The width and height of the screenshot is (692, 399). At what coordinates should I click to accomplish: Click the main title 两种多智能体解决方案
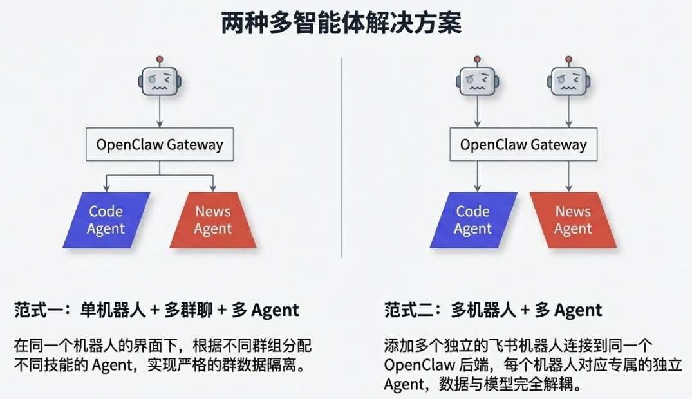point(341,24)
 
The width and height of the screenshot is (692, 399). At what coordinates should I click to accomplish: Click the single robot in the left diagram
point(160,82)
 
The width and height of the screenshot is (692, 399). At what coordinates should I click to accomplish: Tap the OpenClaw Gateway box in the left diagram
point(160,144)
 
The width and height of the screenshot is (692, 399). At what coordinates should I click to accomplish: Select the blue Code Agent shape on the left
point(106,220)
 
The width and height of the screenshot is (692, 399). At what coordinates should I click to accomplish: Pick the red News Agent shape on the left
point(213,220)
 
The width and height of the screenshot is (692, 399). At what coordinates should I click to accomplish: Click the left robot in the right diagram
point(476,82)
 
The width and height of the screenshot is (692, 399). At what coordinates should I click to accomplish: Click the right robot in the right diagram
point(568,82)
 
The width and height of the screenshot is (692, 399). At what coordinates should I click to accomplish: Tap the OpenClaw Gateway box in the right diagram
point(523,144)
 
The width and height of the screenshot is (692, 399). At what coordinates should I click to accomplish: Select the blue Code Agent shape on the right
point(473,220)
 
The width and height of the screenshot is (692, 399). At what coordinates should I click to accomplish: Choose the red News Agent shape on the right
point(573,220)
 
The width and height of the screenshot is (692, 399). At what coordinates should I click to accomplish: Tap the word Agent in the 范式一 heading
point(275,310)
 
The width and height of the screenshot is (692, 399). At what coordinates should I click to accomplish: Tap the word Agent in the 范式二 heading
point(578,310)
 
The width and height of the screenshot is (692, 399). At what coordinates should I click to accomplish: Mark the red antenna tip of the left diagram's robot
point(160,60)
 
